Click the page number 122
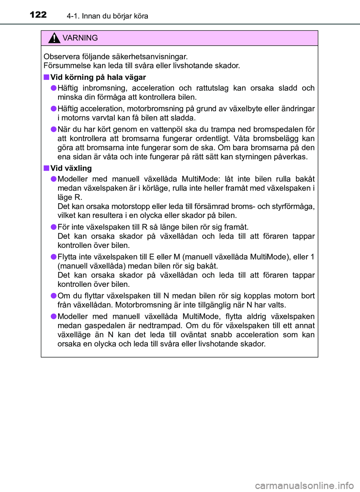tap(38, 15)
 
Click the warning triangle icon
tap(54, 38)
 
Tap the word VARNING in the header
tap(80, 38)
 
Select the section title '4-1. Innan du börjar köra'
tap(107, 16)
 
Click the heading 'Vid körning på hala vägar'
tap(98, 77)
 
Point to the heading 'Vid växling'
tap(71, 168)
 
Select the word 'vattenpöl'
tap(192, 129)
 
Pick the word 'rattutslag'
tap(212, 88)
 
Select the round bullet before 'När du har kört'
tap(54, 129)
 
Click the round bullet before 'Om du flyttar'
tap(54, 296)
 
